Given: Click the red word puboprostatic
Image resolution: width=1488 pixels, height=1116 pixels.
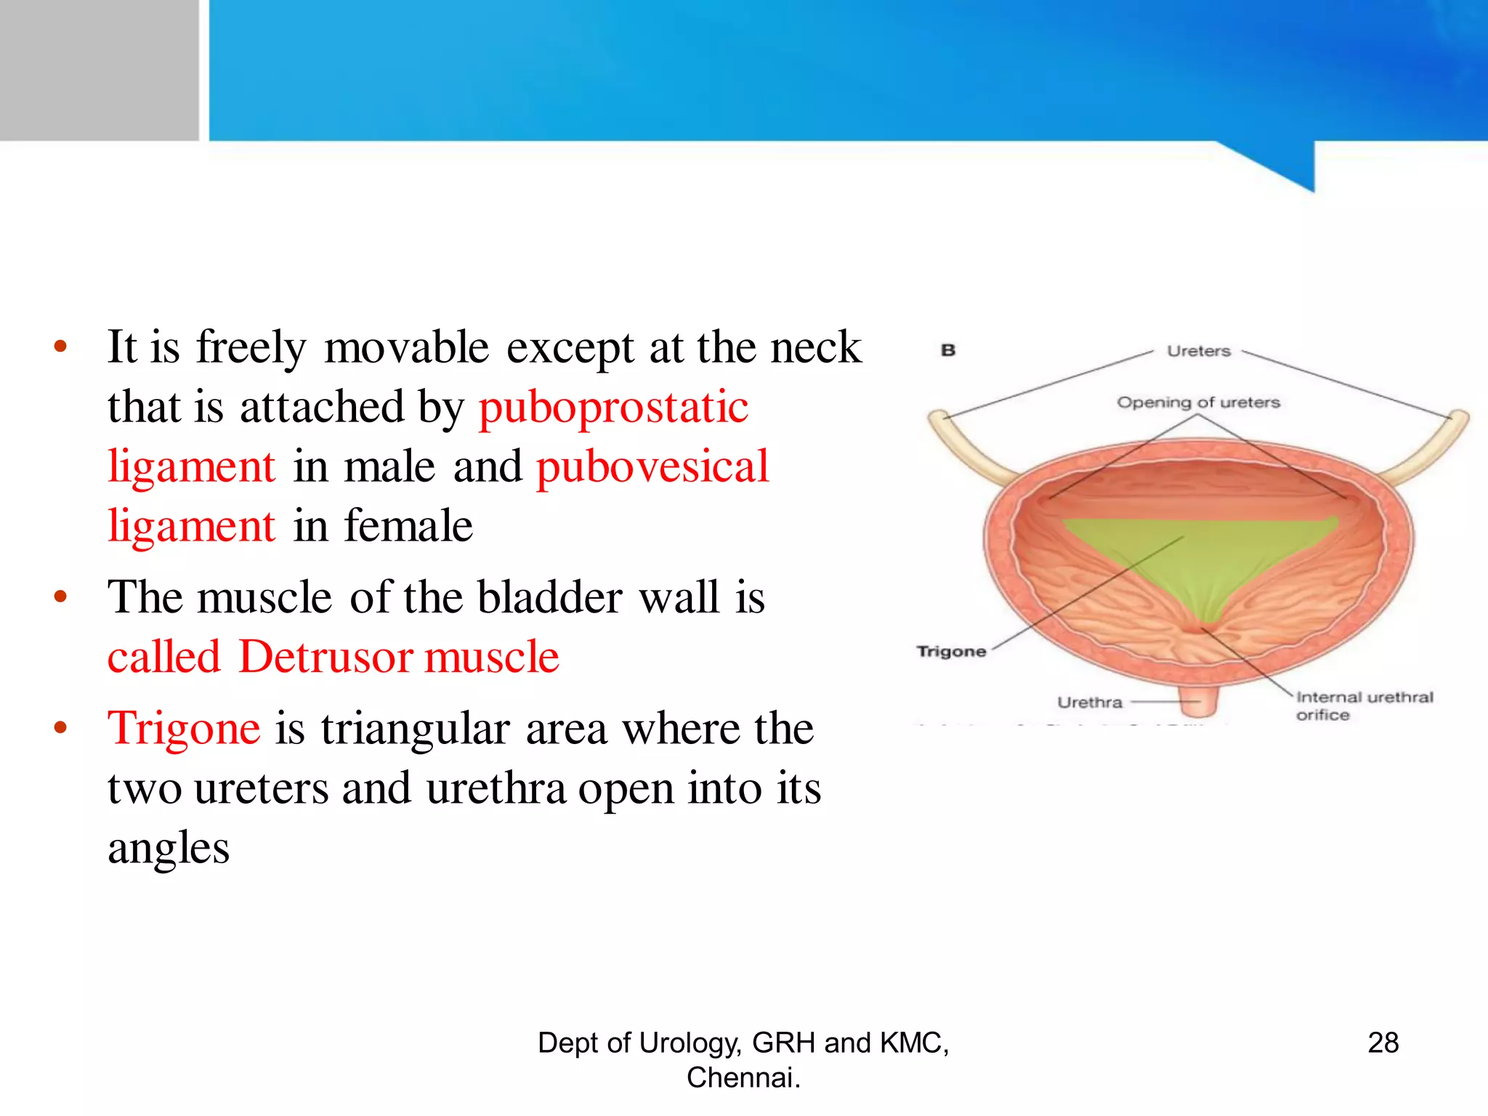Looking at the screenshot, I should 613,407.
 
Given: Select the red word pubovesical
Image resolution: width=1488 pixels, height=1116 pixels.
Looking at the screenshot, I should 652,466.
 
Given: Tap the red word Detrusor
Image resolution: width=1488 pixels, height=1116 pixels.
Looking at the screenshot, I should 325,657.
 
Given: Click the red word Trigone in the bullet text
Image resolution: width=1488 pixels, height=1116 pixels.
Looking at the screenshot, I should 184,729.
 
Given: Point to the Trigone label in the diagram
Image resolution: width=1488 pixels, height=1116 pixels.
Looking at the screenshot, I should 951,652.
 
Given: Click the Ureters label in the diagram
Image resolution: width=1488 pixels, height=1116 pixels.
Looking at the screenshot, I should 1198,351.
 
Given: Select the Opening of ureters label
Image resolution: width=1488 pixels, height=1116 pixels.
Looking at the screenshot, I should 1198,403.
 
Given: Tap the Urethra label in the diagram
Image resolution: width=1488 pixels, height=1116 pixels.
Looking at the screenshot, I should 1089,703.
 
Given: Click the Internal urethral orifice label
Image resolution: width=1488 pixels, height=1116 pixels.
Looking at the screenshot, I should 1363,705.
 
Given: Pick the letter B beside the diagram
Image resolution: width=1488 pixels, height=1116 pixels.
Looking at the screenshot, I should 948,350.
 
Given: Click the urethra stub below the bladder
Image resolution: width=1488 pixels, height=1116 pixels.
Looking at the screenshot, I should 1199,701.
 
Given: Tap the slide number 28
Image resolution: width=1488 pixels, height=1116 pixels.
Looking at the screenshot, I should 1383,1043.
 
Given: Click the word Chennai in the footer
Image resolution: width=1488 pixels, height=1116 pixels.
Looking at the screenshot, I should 741,1077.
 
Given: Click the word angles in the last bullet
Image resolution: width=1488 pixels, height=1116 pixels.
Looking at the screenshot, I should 169,848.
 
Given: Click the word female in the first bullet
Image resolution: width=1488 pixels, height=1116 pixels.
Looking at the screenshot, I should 408,526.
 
